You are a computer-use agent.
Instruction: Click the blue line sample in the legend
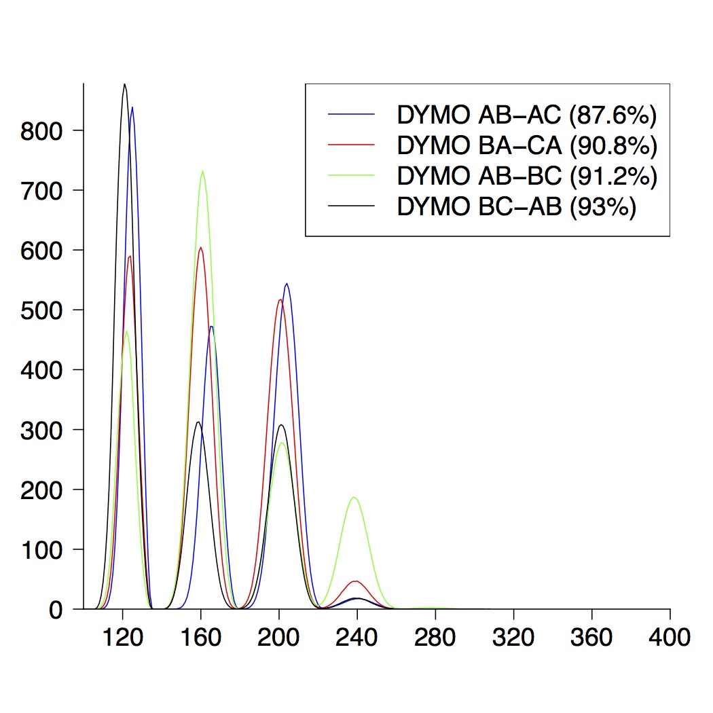pos(351,115)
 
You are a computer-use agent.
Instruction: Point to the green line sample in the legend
pos(351,175)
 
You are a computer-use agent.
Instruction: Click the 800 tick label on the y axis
pos(42,130)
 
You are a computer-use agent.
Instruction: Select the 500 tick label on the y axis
pos(42,310)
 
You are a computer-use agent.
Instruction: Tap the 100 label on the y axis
pos(42,549)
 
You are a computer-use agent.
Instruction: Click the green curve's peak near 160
pos(202,171)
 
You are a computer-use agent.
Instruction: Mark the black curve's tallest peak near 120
pos(124,84)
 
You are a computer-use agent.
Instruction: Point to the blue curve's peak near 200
pos(287,284)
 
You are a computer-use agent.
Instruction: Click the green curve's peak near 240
pos(354,498)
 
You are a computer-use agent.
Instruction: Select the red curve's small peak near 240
pos(355,581)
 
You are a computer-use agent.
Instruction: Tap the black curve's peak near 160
pos(198,422)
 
